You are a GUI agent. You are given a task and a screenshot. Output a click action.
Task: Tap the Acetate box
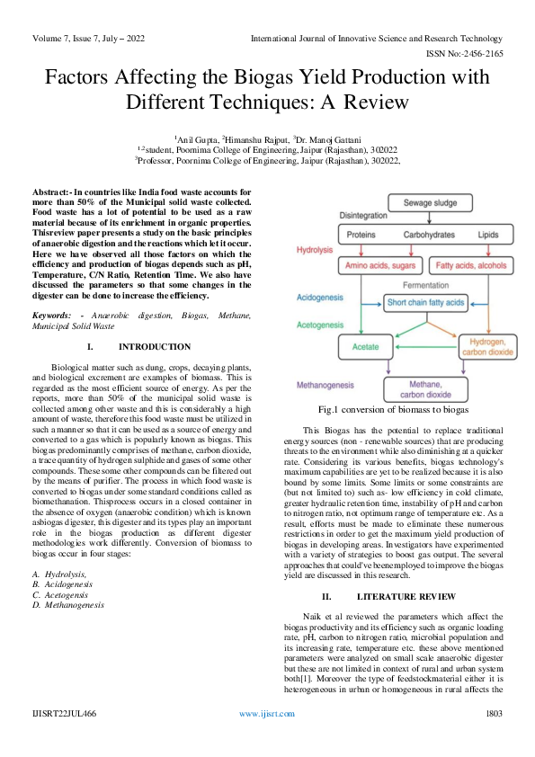(364, 345)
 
